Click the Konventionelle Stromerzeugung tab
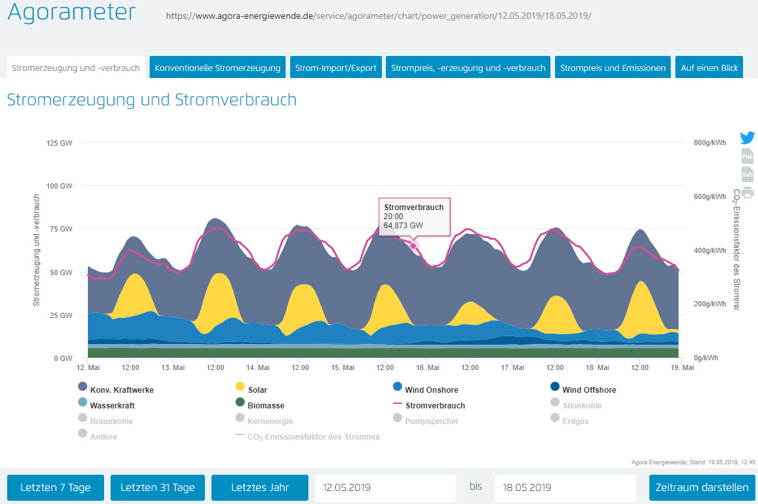click(217, 68)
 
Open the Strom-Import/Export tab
click(336, 68)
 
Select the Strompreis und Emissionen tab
click(612, 68)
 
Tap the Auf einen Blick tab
click(709, 68)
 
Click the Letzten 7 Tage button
click(55, 487)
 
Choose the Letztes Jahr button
click(260, 487)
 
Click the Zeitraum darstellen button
click(702, 487)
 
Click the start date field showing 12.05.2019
click(385, 487)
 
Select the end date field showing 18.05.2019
click(565, 487)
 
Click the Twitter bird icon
click(748, 138)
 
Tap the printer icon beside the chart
click(748, 192)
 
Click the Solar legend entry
click(258, 390)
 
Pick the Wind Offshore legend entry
click(589, 390)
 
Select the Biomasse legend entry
click(265, 406)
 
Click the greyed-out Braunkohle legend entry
click(111, 421)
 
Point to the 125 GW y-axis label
click(59, 142)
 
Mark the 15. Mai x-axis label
click(342, 368)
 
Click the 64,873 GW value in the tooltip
click(403, 226)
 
